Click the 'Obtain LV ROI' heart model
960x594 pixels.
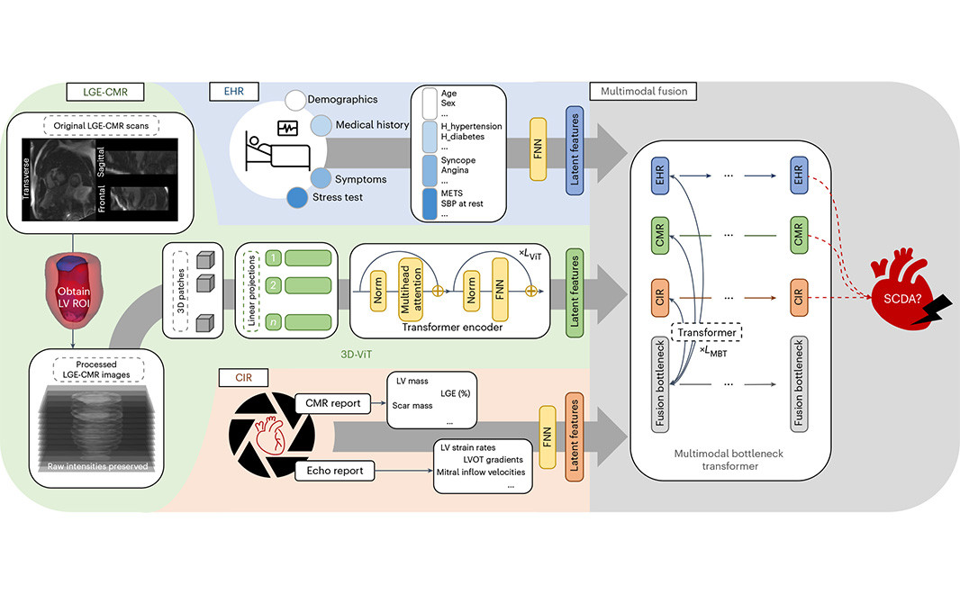point(75,288)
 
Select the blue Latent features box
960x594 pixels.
point(574,148)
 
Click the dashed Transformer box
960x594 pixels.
point(711,331)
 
